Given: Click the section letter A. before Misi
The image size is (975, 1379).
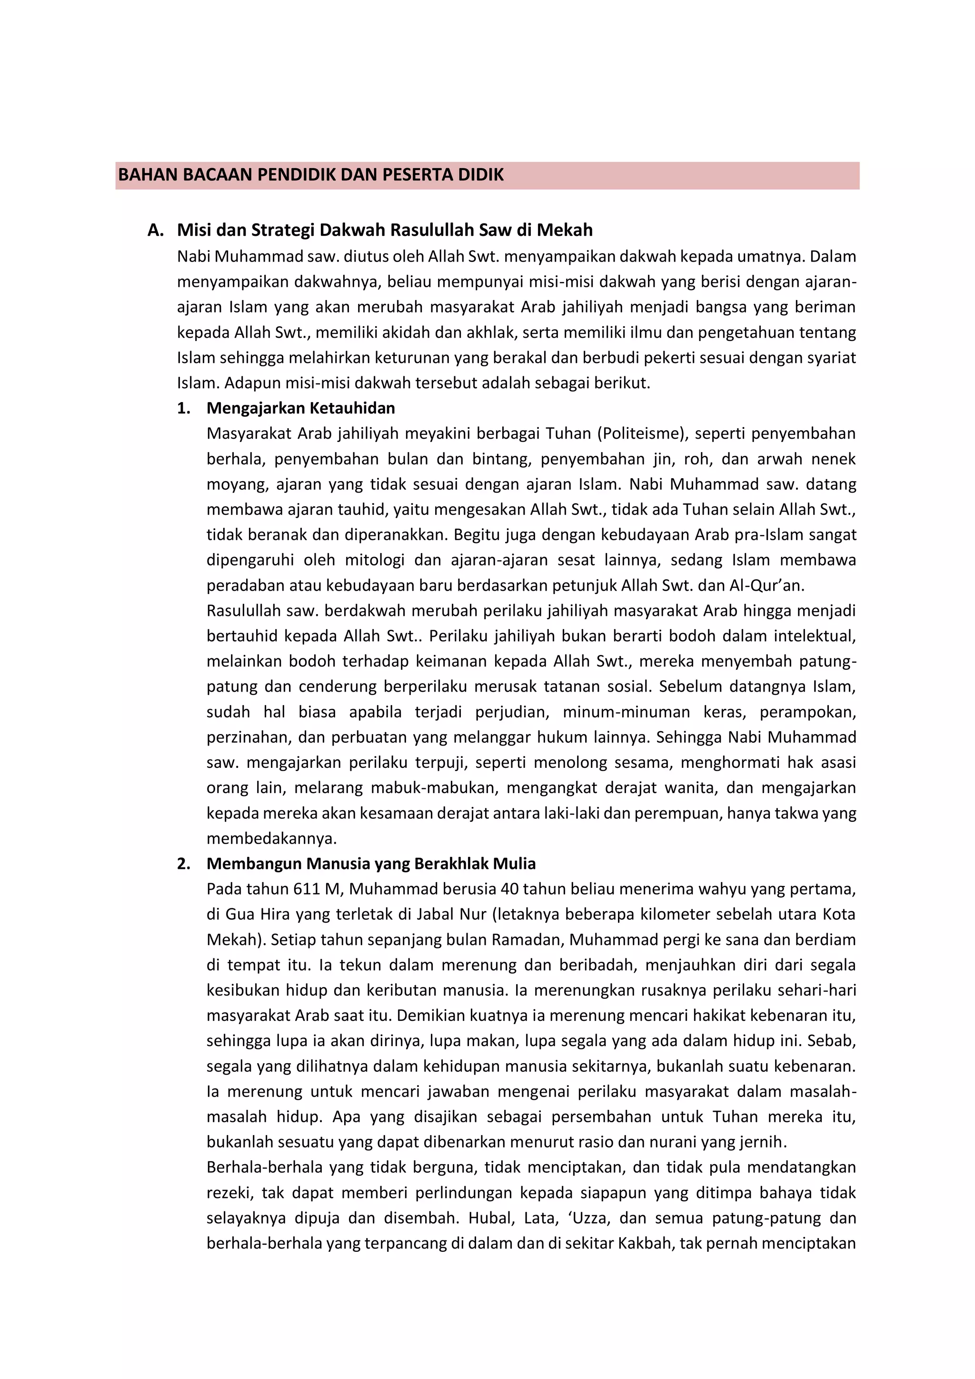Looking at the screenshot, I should pos(156,230).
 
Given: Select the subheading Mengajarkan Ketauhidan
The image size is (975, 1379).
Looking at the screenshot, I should pos(300,408).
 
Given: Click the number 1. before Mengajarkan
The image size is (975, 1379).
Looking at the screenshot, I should pos(184,408).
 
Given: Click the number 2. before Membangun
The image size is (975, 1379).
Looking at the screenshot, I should pos(184,864).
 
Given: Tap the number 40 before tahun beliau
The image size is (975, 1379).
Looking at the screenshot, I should pos(510,889).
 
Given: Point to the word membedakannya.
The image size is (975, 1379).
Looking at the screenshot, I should pos(271,838).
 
